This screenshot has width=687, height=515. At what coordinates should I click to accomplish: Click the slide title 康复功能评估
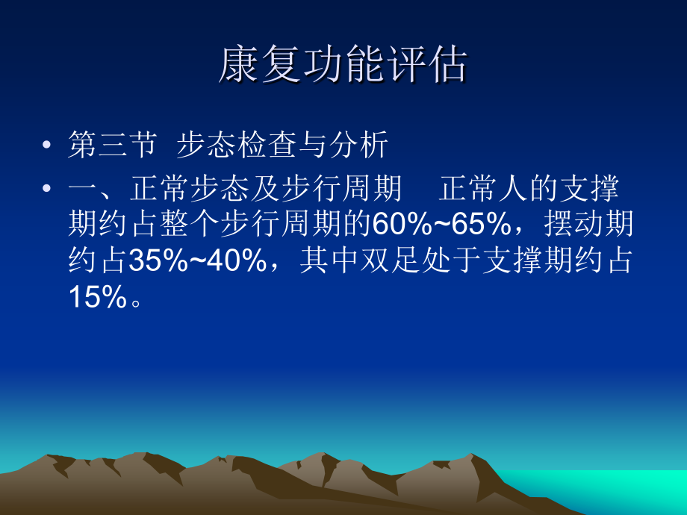click(x=343, y=66)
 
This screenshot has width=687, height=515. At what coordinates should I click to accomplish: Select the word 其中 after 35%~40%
click(x=329, y=261)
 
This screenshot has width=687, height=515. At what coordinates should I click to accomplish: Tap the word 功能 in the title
click(x=343, y=66)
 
